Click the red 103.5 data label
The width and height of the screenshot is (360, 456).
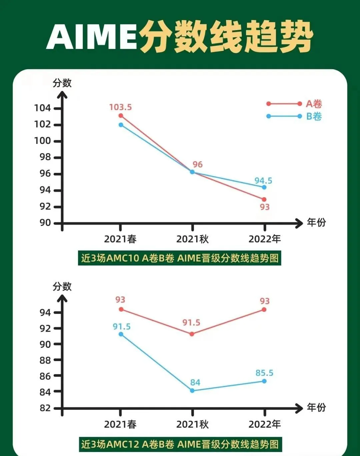coord(120,107)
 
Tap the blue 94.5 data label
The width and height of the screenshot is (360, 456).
coord(263,181)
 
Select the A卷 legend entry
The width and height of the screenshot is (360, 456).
coord(314,104)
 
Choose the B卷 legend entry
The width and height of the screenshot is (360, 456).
coord(314,117)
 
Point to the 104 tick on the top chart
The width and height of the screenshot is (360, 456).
coord(42,108)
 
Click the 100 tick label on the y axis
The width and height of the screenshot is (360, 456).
coord(42,141)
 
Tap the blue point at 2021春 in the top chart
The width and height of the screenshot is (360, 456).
coord(121,125)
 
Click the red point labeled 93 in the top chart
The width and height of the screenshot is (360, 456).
coord(264,200)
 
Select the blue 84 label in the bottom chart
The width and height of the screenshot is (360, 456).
coord(195,382)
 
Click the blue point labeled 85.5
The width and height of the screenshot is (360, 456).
coord(264,381)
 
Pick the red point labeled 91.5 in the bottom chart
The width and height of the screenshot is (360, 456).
coord(192,334)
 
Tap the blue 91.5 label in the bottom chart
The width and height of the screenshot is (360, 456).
coord(122,327)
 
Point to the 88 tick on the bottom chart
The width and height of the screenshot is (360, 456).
coord(45,360)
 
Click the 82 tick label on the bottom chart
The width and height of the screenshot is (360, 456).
coord(45,408)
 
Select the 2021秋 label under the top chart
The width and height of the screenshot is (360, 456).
coord(192,239)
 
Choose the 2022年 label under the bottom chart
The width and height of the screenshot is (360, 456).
coord(265,424)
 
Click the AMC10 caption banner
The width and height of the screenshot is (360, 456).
coord(180,258)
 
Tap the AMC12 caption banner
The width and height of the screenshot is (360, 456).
coord(180,444)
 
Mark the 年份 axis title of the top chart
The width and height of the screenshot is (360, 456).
coord(316,223)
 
